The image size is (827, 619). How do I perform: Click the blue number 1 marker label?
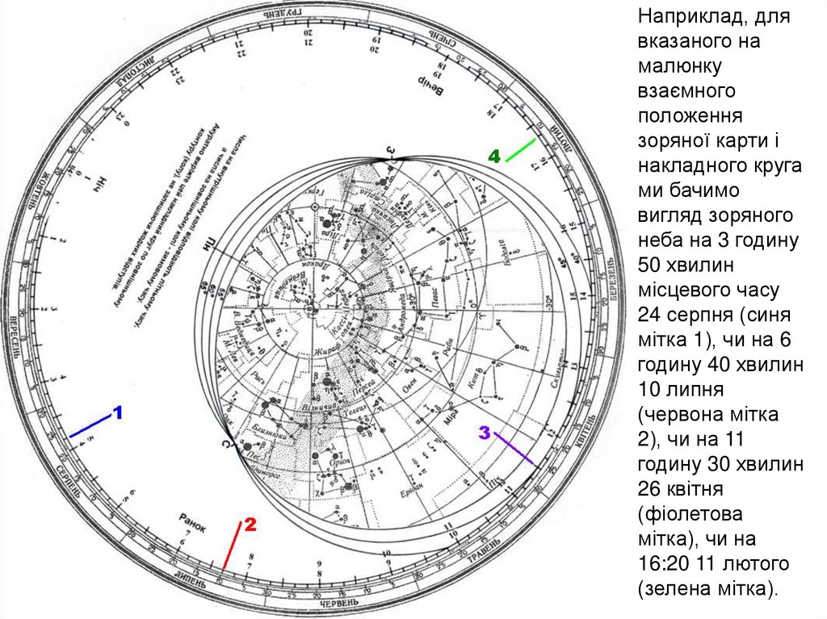pos(117,413)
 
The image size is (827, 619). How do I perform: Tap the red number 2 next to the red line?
pos(250,525)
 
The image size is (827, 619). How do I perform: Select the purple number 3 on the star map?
pos(485,433)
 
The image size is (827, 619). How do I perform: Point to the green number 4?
pos(494,156)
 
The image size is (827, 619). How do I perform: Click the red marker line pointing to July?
pos(232,550)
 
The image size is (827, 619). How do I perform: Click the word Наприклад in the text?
pos(695,15)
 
